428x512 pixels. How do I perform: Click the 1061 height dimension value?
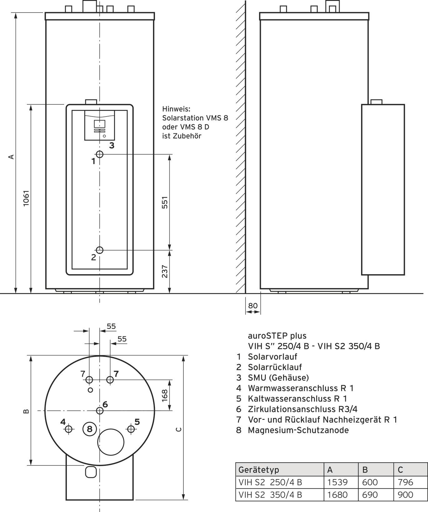click(x=26, y=198)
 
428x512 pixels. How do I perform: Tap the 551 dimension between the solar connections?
click(x=165, y=202)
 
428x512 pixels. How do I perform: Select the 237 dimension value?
click(x=165, y=271)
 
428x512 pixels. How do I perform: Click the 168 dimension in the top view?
click(x=165, y=395)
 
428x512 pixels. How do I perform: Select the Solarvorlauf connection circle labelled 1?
click(x=100, y=154)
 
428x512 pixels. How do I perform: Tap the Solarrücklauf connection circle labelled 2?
click(x=100, y=250)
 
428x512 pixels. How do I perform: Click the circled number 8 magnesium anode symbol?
click(x=90, y=429)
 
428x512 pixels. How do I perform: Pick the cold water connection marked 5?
click(x=131, y=429)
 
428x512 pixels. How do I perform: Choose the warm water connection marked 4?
click(x=69, y=429)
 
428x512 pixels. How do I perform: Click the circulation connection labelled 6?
click(x=100, y=410)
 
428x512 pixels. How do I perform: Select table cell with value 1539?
click(x=337, y=482)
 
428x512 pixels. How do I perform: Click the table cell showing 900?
click(x=406, y=495)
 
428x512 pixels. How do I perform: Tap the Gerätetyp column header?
click(x=259, y=470)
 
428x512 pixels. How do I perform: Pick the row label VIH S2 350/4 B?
click(x=270, y=495)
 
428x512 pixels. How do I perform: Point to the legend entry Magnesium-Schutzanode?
click(x=298, y=430)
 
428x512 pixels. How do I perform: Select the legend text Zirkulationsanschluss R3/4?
click(x=302, y=409)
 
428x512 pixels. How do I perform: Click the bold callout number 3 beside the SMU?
click(x=112, y=145)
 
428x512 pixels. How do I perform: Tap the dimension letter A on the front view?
click(x=12, y=156)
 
